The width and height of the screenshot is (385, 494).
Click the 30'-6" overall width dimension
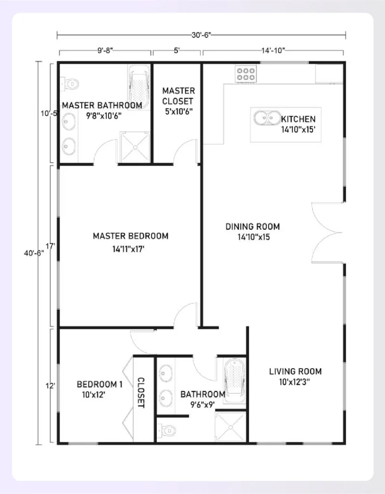(x=201, y=35)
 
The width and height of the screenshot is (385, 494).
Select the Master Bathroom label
(x=102, y=105)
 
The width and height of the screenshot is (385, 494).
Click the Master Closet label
(x=178, y=96)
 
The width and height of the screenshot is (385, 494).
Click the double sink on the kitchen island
(x=265, y=118)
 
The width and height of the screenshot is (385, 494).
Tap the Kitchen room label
(x=298, y=119)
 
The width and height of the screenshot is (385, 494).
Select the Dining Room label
(x=252, y=227)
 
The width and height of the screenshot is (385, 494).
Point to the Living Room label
(x=295, y=371)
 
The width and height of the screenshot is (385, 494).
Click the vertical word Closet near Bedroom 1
(x=141, y=392)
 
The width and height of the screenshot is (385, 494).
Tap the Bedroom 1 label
(x=99, y=384)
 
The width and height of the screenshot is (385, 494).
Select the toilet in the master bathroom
(x=70, y=83)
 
